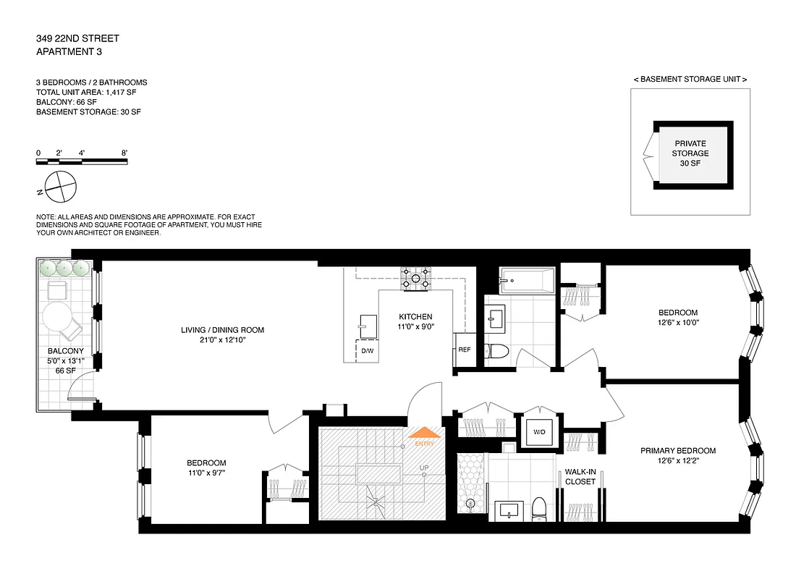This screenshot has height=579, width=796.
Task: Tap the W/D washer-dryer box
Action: (x=539, y=432)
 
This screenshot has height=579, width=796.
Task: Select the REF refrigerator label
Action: (x=464, y=350)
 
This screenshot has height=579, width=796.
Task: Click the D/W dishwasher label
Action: (x=368, y=350)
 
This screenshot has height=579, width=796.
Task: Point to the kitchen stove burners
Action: (x=417, y=278)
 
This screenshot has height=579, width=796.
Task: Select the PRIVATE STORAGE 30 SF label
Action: (x=690, y=153)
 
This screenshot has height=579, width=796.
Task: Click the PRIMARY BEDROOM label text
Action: (x=677, y=451)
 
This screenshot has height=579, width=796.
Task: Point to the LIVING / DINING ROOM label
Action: (x=222, y=330)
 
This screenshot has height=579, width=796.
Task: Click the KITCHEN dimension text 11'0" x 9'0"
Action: (x=415, y=327)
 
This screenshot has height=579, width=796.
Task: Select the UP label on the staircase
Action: (x=425, y=468)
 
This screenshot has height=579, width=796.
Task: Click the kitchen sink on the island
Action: (x=368, y=322)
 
